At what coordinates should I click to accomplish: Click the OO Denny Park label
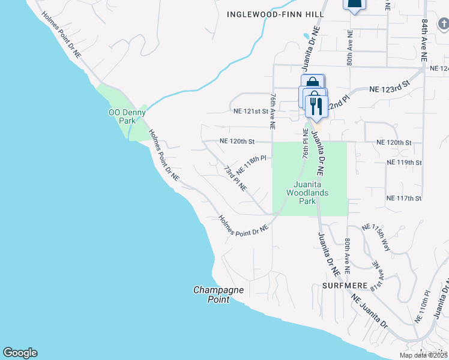coord(122,116)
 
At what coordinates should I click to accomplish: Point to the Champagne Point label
coord(218,295)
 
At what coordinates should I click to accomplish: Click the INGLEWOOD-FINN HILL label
coord(276,14)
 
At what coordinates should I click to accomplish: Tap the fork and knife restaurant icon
coord(315,106)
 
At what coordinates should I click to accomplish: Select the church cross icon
coord(443,24)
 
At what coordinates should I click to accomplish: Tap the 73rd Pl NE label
coord(235,179)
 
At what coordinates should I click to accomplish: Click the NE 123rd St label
coord(388,88)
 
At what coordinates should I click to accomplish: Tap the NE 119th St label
coord(405,163)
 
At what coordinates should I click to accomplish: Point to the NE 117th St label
coord(405,198)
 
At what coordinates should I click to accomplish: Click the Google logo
coord(20,353)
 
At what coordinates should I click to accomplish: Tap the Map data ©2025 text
coord(423,355)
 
